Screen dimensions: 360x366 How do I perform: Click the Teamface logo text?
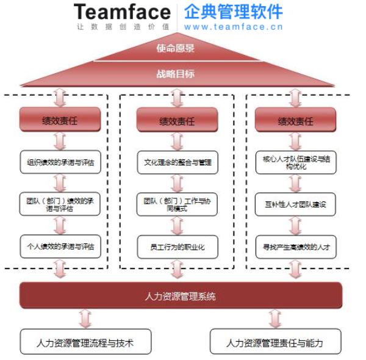123,12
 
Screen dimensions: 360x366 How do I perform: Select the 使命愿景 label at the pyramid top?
176,48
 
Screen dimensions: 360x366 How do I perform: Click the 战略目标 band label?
176,74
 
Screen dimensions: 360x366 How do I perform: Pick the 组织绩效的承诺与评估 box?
60,162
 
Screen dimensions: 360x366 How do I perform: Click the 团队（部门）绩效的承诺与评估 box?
60,204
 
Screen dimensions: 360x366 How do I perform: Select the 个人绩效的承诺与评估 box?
60,246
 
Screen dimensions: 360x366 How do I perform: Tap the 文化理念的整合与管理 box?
177,162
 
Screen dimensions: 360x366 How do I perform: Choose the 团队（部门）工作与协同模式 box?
177,204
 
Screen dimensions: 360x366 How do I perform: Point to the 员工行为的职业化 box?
177,246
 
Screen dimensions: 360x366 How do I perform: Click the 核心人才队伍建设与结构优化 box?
295,162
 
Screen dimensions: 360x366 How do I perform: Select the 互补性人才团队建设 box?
295,204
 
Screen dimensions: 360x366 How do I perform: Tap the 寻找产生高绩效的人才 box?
295,246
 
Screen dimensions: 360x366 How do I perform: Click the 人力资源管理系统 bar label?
180,297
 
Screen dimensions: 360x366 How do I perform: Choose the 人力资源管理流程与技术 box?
85,342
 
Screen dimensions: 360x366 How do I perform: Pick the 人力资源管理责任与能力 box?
274,342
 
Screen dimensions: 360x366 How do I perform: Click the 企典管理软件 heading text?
233,11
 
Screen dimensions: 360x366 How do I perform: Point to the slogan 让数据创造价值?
123,27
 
